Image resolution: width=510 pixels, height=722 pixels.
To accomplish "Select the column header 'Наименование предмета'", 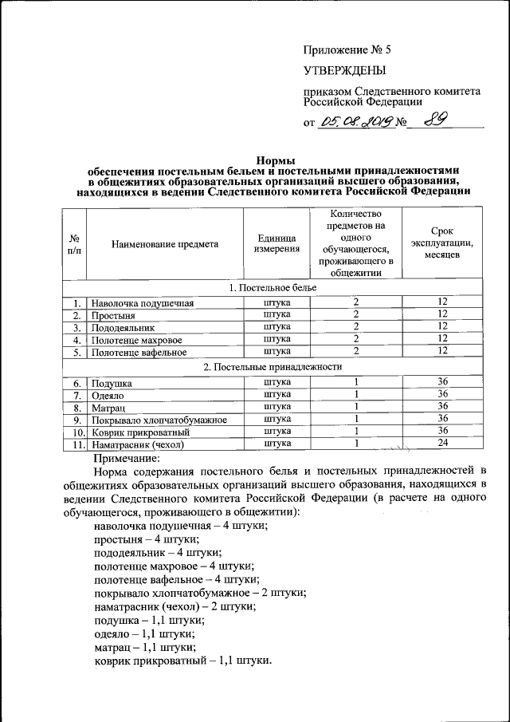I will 164,243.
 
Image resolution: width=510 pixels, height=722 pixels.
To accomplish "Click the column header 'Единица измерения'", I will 277,243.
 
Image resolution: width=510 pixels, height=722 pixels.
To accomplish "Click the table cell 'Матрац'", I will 107,408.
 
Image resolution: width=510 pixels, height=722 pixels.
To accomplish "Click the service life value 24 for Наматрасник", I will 443,444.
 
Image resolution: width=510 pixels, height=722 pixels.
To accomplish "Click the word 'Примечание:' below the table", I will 127,459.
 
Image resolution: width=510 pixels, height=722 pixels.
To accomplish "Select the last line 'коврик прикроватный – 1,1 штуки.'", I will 182,661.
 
